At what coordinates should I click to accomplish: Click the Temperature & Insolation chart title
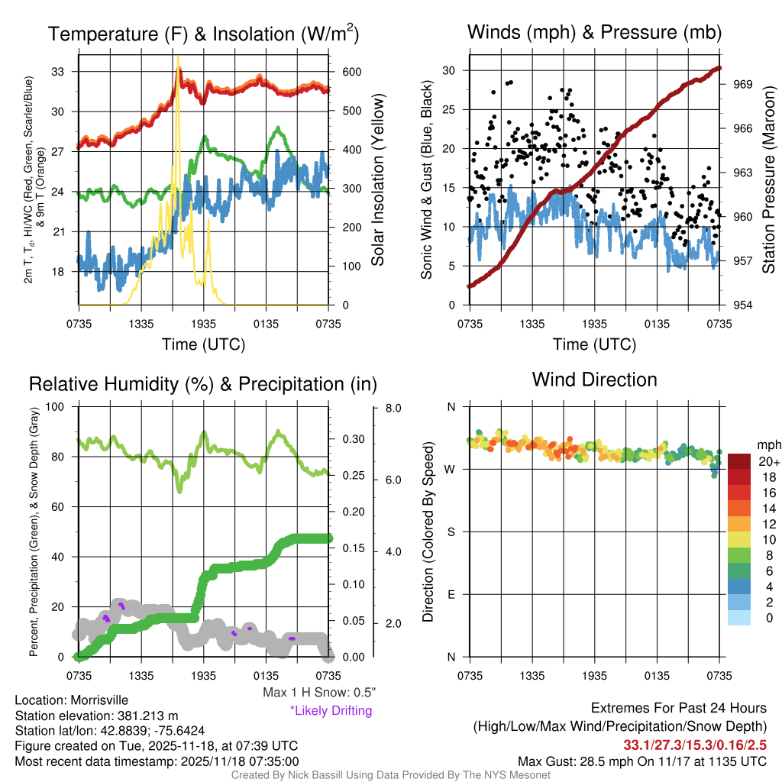[x=203, y=34]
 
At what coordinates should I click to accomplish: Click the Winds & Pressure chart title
[x=594, y=32]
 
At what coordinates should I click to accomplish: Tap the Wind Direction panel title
[x=594, y=380]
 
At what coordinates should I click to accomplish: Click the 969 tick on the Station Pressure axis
[x=744, y=84]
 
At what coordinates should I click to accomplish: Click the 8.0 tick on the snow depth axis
[x=393, y=409]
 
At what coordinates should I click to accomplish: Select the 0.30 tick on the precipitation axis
[x=352, y=440]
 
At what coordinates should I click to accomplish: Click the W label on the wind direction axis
[x=451, y=469]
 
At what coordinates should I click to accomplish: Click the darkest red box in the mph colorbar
[x=740, y=461]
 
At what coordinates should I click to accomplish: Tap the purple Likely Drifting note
[x=331, y=711]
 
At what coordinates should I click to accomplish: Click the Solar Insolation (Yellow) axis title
[x=378, y=180]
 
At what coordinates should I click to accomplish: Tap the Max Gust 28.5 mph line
[x=642, y=761]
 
